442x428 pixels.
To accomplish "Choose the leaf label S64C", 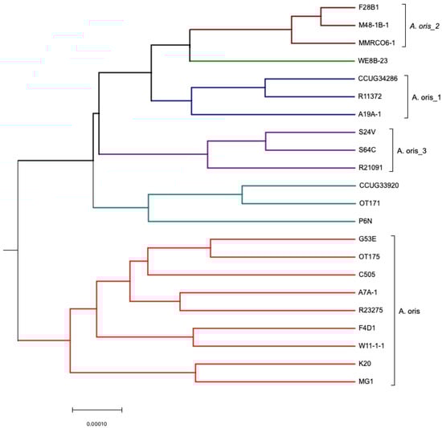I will [367, 150].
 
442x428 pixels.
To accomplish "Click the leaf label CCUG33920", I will [377, 185].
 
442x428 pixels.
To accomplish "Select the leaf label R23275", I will [371, 310].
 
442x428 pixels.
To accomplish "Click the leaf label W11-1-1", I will [373, 345].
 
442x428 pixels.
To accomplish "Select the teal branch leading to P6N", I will [248, 221].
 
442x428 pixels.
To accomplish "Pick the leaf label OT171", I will [368, 203].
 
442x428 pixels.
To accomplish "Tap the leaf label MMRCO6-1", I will [376, 43].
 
